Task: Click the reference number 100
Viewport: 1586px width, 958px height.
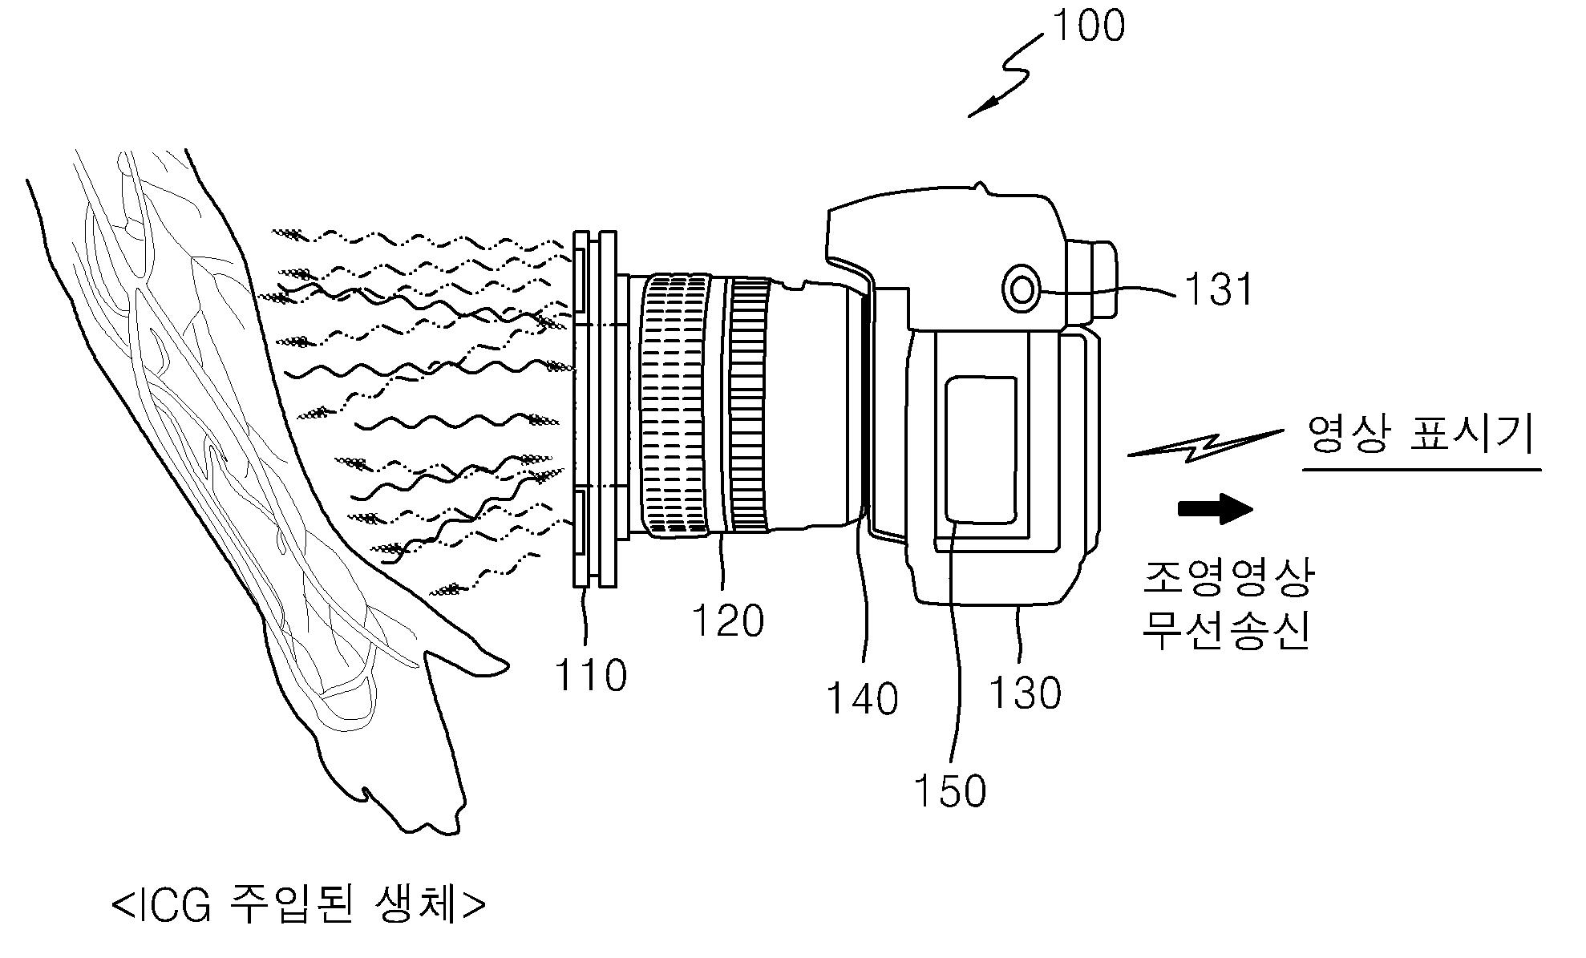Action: pos(1088,26)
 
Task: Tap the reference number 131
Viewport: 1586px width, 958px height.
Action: pos(1218,289)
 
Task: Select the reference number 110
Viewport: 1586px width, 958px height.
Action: pos(591,675)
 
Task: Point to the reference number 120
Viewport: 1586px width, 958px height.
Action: pos(727,620)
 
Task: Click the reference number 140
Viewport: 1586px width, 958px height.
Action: pos(862,698)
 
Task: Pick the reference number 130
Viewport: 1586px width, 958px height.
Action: pos(1026,692)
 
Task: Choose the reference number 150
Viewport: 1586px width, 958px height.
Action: pos(950,790)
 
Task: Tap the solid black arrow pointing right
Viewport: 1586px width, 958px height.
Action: pos(1215,508)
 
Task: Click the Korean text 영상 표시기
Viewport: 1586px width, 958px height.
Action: pos(1420,436)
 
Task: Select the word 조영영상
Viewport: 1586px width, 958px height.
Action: pos(1228,577)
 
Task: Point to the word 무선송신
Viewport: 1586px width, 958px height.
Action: pos(1228,630)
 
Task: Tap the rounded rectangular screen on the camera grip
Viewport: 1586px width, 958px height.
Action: pos(981,450)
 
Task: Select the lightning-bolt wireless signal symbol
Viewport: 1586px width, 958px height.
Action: pos(1203,447)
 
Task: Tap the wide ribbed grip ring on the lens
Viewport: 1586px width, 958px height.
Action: pos(674,405)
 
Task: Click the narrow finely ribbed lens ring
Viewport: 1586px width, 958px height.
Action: pos(749,405)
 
